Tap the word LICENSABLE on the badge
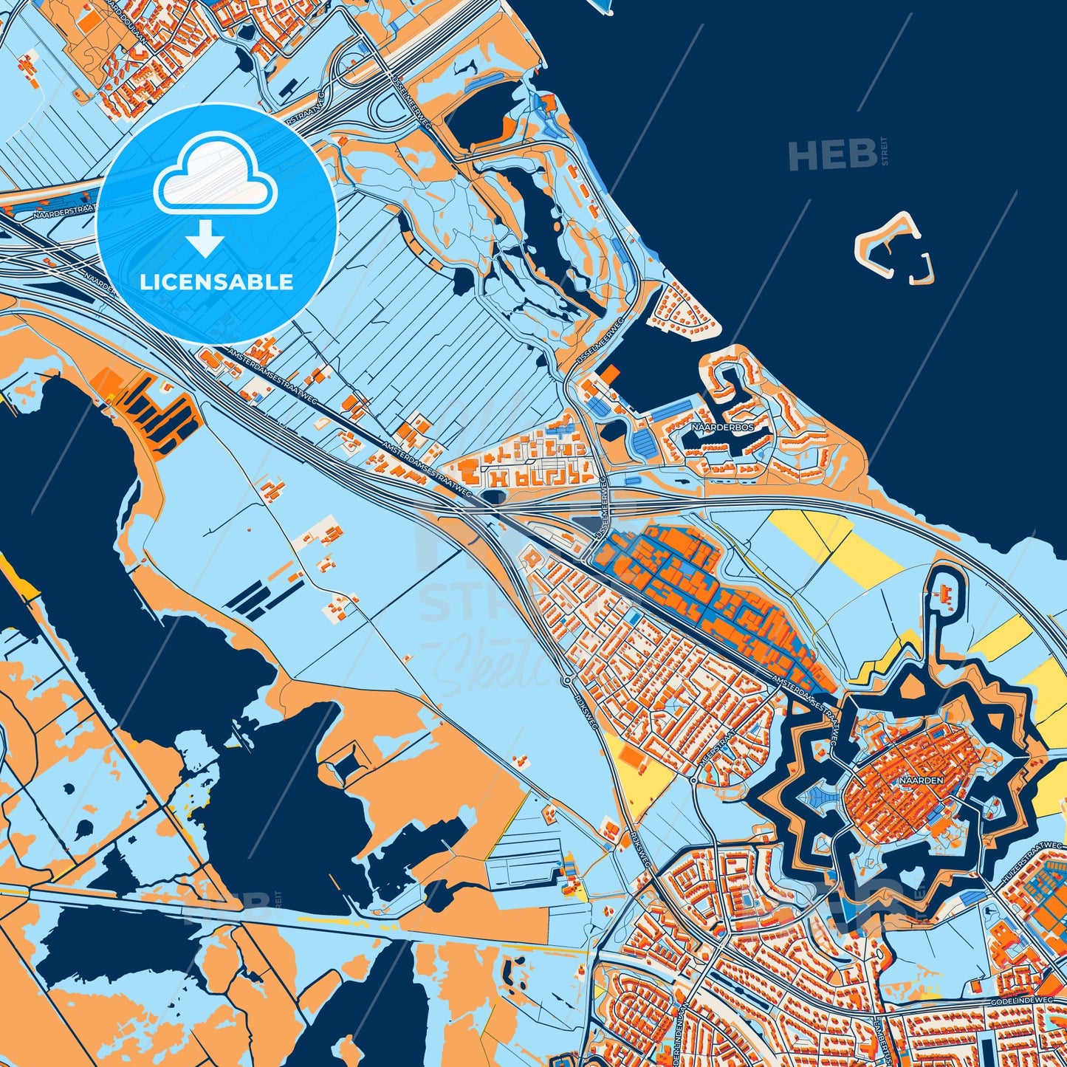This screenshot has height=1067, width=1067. [217, 282]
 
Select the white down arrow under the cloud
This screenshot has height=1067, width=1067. [206, 238]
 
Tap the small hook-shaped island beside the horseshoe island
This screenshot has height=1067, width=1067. [924, 269]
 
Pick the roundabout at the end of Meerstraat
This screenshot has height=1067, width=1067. [695, 779]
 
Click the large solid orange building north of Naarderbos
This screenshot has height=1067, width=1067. [608, 374]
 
